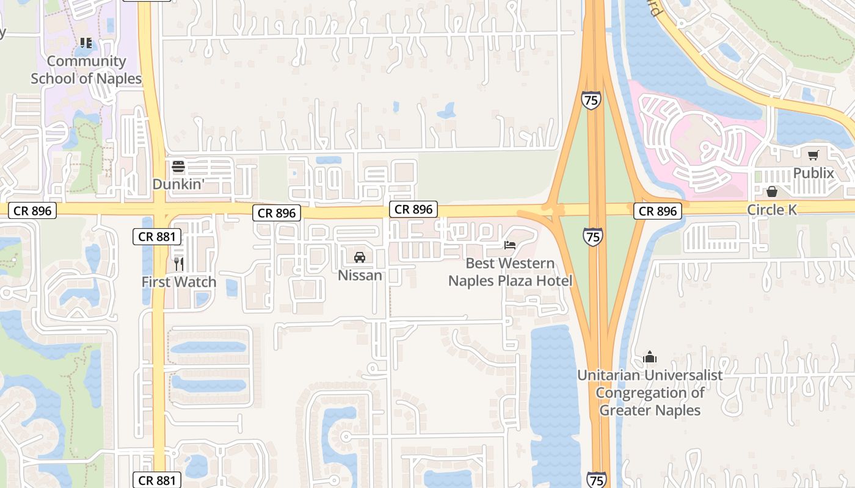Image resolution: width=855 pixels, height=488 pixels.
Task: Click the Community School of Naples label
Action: [86, 70]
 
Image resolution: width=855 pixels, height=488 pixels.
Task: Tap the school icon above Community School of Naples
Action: [86, 43]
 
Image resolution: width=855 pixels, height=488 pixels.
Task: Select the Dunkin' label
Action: [178, 184]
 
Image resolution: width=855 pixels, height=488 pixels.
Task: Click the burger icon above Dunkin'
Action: [178, 167]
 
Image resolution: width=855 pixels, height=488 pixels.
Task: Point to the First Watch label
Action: [179, 282]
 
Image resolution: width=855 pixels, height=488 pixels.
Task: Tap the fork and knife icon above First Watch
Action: [179, 264]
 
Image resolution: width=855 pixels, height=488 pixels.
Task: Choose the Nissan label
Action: [360, 275]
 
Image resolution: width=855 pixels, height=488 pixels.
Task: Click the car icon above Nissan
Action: [360, 257]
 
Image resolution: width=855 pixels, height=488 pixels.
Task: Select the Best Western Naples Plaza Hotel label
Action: [510, 272]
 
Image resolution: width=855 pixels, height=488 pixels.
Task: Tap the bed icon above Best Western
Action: [510, 245]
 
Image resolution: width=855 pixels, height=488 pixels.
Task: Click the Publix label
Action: [813, 173]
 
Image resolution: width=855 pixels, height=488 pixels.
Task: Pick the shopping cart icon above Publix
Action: [813, 156]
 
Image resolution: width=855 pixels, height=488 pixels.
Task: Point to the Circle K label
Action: [772, 210]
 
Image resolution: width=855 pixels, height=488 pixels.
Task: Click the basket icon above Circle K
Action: [772, 192]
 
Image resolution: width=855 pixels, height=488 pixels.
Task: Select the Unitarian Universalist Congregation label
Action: [650, 392]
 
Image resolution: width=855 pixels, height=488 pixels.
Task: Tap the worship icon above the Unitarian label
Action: [650, 357]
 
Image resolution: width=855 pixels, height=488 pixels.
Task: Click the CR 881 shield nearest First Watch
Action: [157, 237]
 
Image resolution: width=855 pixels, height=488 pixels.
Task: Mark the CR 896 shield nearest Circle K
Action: [657, 211]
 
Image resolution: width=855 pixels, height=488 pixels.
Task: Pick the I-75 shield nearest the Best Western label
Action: [592, 237]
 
